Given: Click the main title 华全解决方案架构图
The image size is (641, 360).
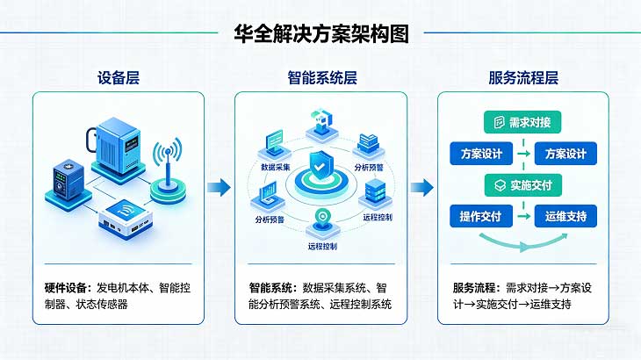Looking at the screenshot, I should click(321, 34).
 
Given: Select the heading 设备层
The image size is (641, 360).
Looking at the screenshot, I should click(119, 78).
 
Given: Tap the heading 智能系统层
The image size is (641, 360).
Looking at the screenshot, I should click(321, 78).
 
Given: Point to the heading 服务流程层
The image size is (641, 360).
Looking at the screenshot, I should click(523, 78).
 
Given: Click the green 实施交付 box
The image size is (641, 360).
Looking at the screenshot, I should click(523, 185).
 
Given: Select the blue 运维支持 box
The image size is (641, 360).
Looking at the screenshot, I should click(565, 216).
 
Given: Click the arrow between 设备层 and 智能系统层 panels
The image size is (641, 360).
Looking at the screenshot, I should click(220, 186).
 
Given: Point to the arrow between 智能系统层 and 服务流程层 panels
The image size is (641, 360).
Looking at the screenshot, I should click(422, 186).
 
